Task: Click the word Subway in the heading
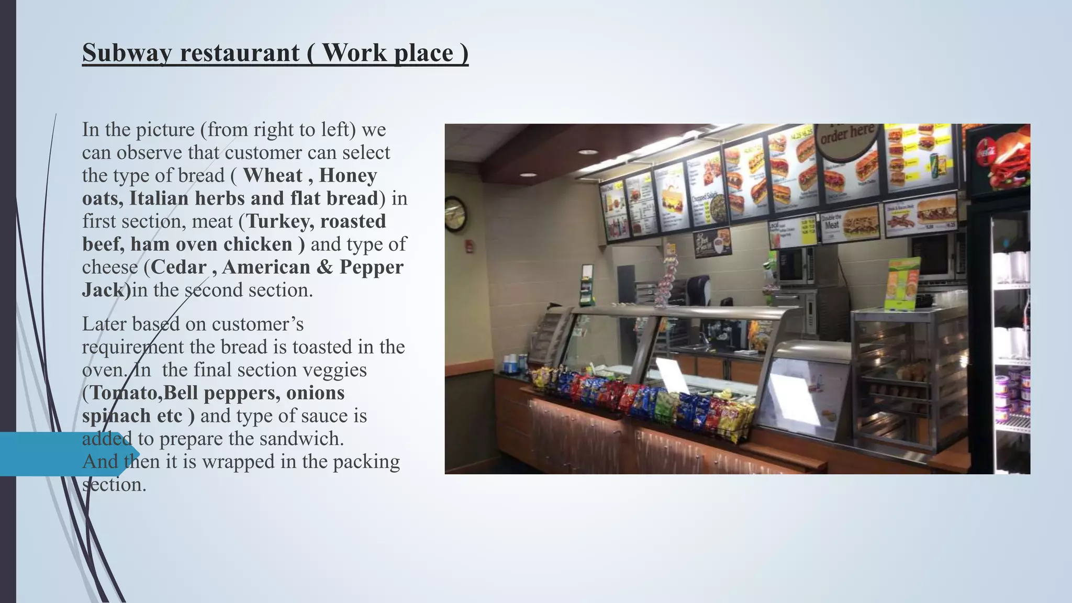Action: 127,53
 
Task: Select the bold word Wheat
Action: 273,175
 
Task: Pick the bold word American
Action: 266,267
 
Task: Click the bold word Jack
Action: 103,290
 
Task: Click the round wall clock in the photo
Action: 455,214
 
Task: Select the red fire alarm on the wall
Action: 471,246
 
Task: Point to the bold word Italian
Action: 159,198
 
